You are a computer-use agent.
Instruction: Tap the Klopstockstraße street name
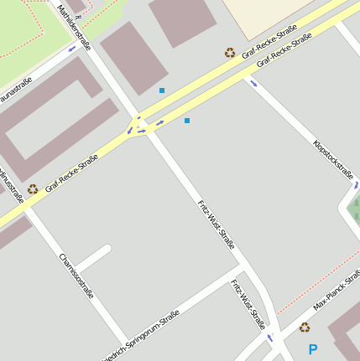[x=332, y=157]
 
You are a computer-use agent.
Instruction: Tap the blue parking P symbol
[x=313, y=349]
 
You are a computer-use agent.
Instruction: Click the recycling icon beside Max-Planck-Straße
[x=304, y=327]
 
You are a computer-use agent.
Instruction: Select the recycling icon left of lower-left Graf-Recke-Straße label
[x=33, y=189]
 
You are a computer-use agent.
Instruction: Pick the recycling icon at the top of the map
[x=230, y=53]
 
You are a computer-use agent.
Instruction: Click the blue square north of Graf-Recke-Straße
[x=162, y=90]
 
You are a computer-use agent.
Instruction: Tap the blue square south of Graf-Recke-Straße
[x=186, y=121]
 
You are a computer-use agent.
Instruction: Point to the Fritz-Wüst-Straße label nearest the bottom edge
[x=248, y=303]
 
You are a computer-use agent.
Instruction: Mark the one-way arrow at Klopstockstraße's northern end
[x=253, y=83]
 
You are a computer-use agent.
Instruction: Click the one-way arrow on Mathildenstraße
[x=72, y=48]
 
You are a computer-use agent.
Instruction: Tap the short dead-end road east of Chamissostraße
[x=95, y=257]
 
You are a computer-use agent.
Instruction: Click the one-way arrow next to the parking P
[x=270, y=338]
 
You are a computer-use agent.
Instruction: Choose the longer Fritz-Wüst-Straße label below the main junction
[x=215, y=224]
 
